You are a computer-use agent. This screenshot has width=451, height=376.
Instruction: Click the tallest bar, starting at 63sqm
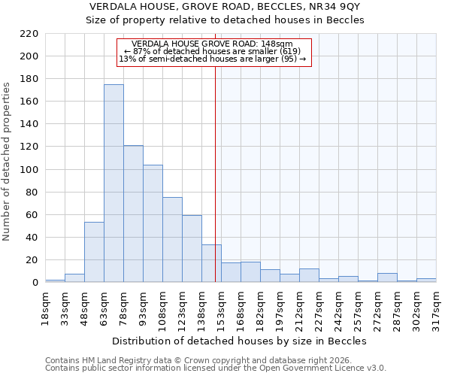pos(114,183)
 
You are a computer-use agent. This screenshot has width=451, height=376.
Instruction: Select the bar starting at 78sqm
pos(133,214)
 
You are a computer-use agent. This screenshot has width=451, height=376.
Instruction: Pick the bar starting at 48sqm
pos(94,252)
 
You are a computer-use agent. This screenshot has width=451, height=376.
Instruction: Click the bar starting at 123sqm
pos(192,249)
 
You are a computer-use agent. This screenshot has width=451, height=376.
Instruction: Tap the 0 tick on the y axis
pos(35,283)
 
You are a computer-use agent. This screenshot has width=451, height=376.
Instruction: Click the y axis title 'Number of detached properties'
pos(7,162)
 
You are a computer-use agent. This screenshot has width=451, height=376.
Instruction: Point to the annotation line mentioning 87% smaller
pos(212,51)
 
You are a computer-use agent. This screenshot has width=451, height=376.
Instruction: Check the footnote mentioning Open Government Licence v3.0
pos(215,368)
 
